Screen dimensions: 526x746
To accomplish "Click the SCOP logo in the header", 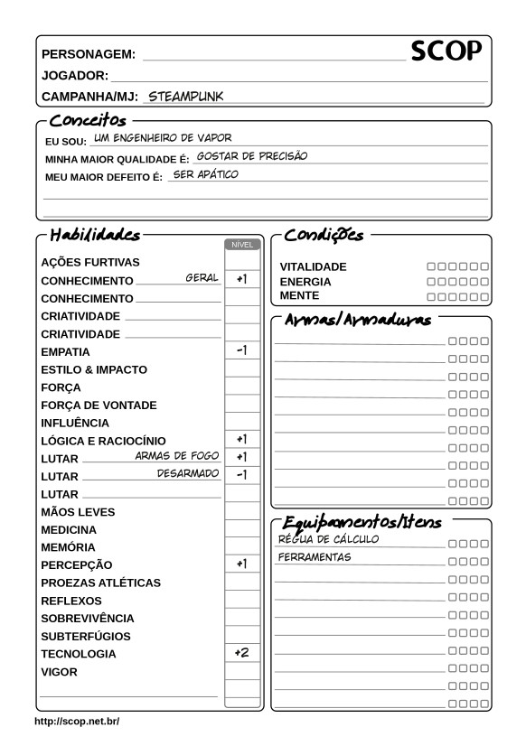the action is tap(446, 52).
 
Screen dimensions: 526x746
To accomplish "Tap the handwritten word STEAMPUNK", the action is tap(186, 95).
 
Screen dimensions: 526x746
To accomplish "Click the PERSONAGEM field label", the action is tap(89, 54).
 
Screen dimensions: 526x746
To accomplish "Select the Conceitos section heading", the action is tap(88, 120).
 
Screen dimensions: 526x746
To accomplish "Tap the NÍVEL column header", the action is tap(242, 244).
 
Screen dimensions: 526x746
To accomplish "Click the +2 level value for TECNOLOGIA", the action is tap(241, 652).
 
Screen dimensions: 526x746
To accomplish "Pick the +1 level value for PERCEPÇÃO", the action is tap(241, 564).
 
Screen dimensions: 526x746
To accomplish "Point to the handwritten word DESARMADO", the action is tap(188, 473).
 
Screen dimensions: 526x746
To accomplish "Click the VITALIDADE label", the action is tap(313, 267).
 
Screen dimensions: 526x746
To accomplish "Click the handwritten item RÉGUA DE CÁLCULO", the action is tap(328, 539).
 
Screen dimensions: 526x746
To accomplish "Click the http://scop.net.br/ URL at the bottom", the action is tap(77, 723).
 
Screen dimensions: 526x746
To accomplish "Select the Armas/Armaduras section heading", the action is tap(359, 321).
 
